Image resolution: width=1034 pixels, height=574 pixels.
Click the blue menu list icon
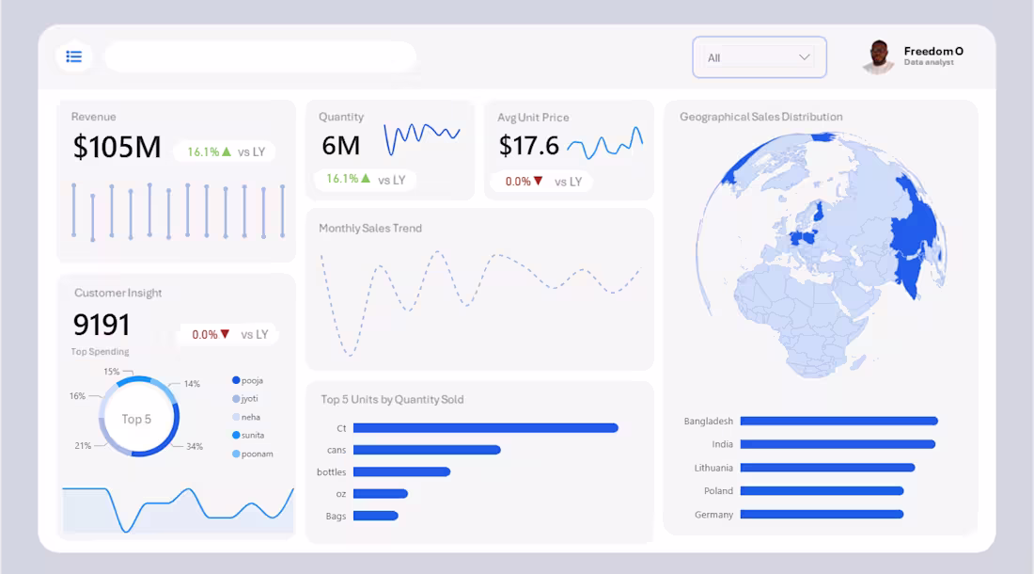coord(73,57)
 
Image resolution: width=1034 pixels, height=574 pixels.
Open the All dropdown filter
coord(759,57)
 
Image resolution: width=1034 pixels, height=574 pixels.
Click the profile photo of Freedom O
coord(878,56)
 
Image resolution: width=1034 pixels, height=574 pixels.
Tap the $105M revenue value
coord(117,148)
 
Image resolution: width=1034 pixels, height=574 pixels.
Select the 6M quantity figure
coord(340,146)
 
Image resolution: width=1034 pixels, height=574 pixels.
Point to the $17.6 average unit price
coord(528,146)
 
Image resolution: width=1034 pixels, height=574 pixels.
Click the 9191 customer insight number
coord(102,325)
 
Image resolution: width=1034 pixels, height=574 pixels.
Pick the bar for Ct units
coord(485,428)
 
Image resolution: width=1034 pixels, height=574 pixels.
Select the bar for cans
coord(427,450)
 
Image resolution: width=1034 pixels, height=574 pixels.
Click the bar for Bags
coord(375,516)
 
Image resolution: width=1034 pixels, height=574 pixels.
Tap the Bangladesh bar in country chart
coord(838,421)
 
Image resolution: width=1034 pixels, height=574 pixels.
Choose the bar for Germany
coord(822,515)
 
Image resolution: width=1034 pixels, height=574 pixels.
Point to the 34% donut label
coord(195,446)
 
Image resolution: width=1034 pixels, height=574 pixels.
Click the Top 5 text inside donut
coord(136,419)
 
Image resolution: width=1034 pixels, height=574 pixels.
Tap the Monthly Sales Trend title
coord(370,228)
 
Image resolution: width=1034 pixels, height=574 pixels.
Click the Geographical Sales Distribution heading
coord(760,117)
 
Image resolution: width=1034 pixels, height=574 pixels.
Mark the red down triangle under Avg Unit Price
coord(539,181)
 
